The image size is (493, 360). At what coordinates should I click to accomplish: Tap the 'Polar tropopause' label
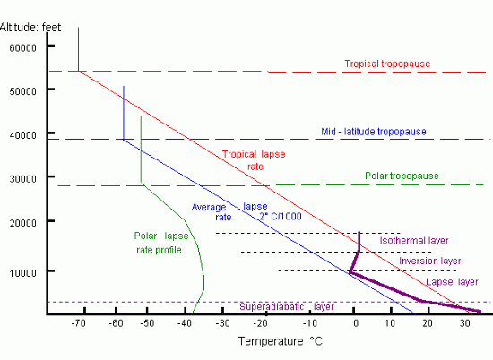coord(402,176)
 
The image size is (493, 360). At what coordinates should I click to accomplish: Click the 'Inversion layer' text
coord(430,261)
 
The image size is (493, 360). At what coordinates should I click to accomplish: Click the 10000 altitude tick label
coord(22,271)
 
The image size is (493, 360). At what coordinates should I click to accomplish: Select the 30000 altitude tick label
coord(22,178)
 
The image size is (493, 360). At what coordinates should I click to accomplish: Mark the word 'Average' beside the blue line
coord(209,208)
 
